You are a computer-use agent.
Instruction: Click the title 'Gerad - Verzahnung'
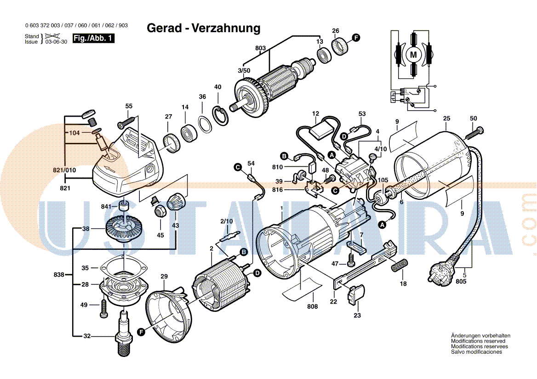pyautogui.click(x=203, y=28)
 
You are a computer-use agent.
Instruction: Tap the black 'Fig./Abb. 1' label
pyautogui.click(x=94, y=39)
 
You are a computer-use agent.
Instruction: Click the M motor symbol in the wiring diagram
pyautogui.click(x=413, y=55)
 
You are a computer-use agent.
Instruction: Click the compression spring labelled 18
pyautogui.click(x=399, y=266)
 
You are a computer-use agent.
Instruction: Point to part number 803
pyautogui.click(x=260, y=48)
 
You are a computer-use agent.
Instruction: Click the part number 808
pyautogui.click(x=312, y=306)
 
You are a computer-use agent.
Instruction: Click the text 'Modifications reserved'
pyautogui.click(x=478, y=341)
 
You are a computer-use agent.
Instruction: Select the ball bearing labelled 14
pyautogui.click(x=189, y=133)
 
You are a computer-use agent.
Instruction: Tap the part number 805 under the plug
pyautogui.click(x=461, y=282)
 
